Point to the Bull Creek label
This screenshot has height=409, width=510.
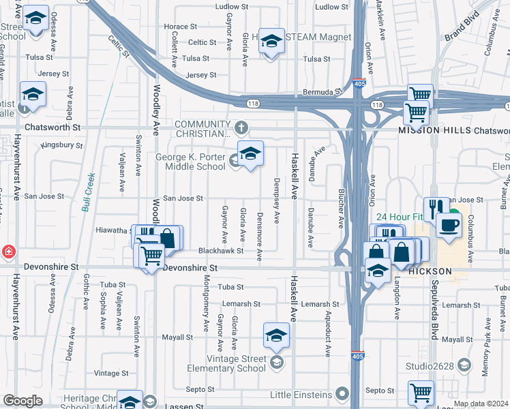[x=87, y=193]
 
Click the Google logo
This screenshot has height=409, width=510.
[x=22, y=401]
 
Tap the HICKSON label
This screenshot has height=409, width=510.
[x=430, y=271]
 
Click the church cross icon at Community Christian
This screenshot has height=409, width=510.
[x=241, y=127]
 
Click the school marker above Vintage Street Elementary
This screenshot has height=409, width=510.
[x=276, y=335]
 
